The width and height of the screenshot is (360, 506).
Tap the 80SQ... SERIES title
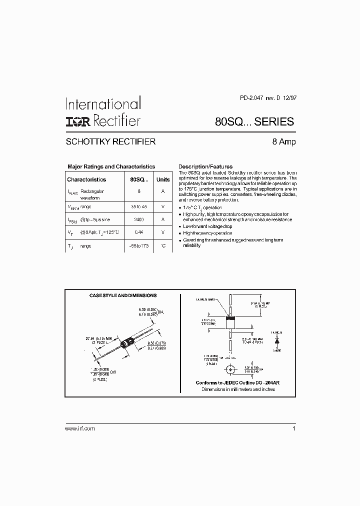tap(254, 121)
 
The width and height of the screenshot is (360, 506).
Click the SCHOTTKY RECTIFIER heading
tap(110, 142)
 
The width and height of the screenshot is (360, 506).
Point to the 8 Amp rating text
tap(283, 142)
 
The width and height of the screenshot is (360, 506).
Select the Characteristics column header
tap(86, 179)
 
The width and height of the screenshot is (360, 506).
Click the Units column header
tap(163, 179)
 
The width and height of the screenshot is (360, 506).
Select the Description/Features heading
tap(205, 166)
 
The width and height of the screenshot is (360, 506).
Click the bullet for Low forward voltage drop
tap(180, 226)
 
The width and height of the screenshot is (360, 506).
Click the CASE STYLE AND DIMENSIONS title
tap(122, 295)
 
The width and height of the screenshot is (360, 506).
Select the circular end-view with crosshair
tap(230, 370)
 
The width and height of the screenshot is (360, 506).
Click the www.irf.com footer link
tap(80, 429)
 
